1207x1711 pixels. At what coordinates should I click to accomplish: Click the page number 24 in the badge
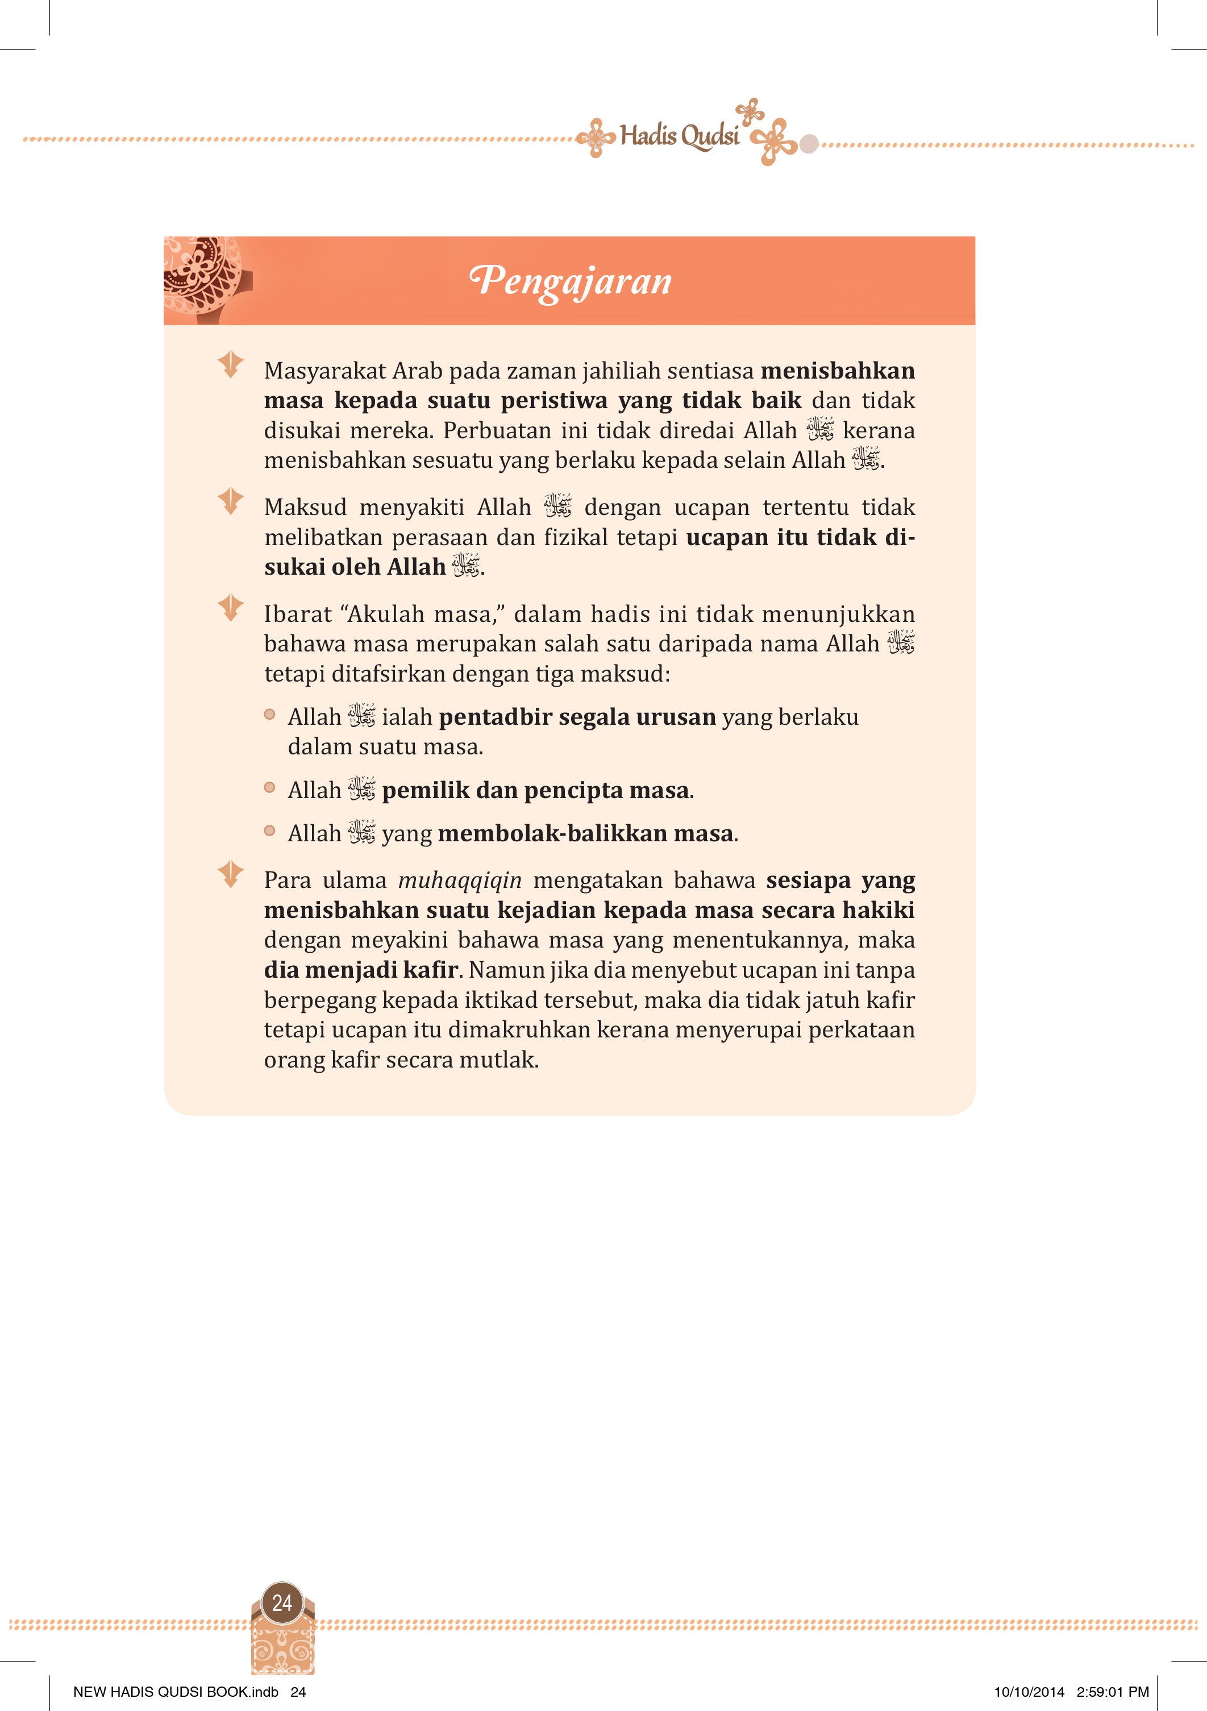tap(282, 1602)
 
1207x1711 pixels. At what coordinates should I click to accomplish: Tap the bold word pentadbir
tap(495, 717)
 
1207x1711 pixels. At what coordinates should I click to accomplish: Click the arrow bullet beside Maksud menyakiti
tap(230, 500)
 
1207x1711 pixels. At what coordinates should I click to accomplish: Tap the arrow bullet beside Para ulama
tap(230, 873)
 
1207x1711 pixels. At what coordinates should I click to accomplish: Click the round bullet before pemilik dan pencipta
tap(270, 788)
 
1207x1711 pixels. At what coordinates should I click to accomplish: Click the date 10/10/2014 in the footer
tap(1029, 1692)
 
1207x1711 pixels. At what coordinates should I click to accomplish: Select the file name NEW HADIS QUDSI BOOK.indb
tap(175, 1692)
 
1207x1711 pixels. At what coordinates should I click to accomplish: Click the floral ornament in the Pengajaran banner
tap(203, 278)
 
